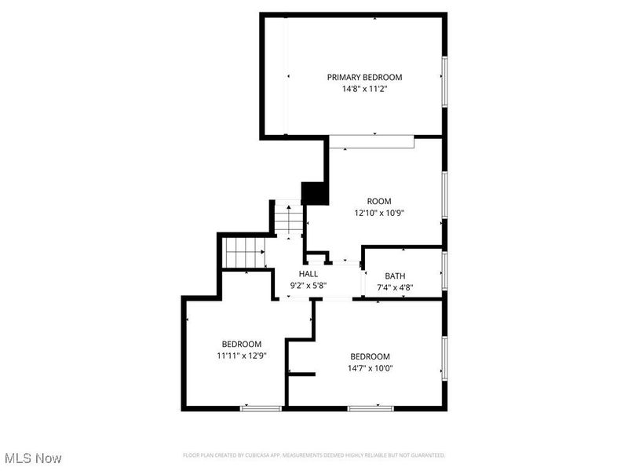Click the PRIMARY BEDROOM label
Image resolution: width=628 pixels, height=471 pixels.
(364, 77)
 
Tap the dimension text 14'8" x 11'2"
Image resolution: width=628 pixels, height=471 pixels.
(364, 89)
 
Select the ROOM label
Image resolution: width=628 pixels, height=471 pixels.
(379, 201)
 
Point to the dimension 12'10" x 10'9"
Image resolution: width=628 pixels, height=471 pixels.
(379, 213)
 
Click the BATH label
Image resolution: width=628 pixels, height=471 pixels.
(395, 276)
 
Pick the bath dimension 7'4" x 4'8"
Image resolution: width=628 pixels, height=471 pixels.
(395, 287)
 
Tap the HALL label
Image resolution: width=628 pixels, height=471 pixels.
(308, 274)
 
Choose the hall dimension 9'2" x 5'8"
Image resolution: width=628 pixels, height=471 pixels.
(308, 286)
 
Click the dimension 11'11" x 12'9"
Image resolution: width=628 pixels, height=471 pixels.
(241, 356)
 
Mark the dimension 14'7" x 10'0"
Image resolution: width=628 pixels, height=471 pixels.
(371, 367)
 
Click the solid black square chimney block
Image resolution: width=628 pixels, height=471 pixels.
(315, 193)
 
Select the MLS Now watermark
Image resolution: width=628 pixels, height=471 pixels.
(33, 457)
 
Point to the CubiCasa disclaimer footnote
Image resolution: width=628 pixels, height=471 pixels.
(314, 455)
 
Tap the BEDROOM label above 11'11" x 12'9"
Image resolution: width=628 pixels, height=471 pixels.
(241, 344)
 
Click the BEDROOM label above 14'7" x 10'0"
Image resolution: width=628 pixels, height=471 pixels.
(371, 356)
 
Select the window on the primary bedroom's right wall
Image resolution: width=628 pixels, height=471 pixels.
(444, 82)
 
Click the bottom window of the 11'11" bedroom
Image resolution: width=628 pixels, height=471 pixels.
(261, 407)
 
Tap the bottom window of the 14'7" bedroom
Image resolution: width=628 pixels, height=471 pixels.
(371, 407)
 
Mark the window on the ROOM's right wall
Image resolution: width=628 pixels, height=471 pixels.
(444, 195)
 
